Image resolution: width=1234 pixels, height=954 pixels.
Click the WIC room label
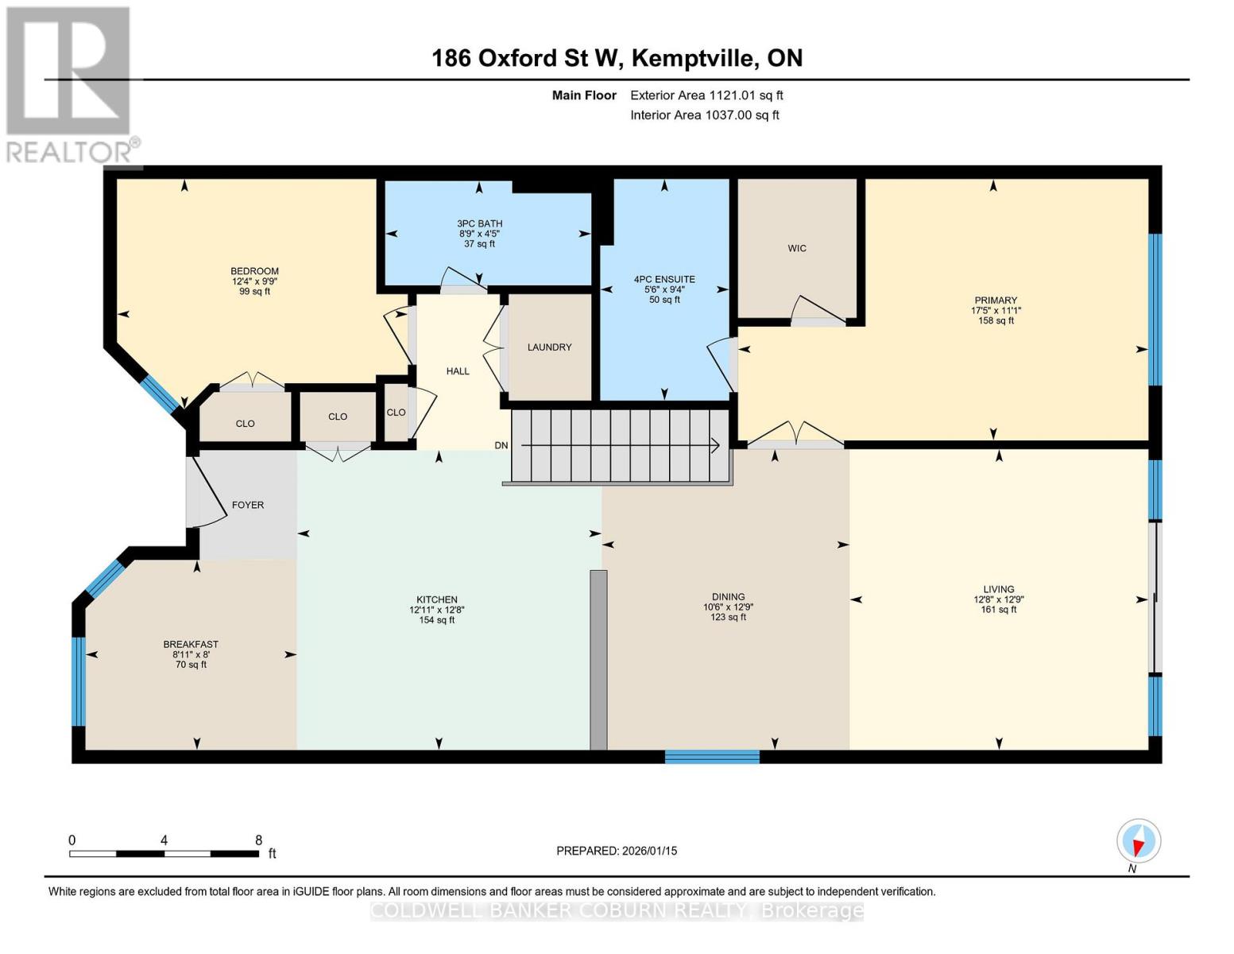tap(797, 248)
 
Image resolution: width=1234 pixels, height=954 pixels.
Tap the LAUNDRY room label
tap(549, 347)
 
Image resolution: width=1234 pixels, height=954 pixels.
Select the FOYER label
tap(248, 505)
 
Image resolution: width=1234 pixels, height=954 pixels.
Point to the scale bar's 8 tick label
tap(258, 840)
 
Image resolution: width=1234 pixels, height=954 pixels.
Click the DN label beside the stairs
tap(501, 445)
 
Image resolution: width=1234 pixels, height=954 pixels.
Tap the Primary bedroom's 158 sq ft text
tap(996, 321)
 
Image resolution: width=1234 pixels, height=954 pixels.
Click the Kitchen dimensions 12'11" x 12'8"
tap(437, 610)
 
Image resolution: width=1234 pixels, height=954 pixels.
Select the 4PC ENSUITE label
tap(664, 279)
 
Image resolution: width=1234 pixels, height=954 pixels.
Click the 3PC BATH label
tap(480, 223)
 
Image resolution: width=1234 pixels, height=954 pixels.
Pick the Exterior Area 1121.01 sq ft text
tap(706, 95)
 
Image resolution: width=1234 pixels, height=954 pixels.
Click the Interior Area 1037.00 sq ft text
tap(704, 115)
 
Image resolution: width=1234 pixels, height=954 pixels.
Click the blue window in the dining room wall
tap(712, 756)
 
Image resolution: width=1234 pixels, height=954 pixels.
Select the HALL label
tap(458, 371)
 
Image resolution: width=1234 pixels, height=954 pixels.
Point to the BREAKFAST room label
tap(191, 644)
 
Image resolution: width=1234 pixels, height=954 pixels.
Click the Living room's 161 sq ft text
tap(999, 610)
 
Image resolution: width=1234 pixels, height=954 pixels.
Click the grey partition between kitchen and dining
tap(598, 659)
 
